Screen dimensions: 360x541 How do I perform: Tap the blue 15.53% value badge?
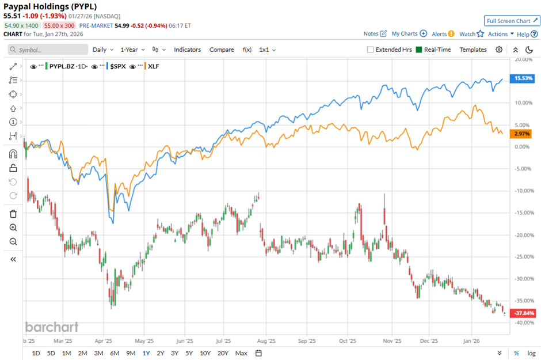pyautogui.click(x=523, y=78)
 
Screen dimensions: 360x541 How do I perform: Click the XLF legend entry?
pyautogui.click(x=154, y=67)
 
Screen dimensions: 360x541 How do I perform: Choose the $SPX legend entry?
pyautogui.click(x=118, y=67)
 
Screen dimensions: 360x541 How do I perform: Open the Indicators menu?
pyautogui.click(x=187, y=50)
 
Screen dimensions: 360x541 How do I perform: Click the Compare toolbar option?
pyautogui.click(x=222, y=50)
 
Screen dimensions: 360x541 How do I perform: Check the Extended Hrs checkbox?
pyautogui.click(x=371, y=50)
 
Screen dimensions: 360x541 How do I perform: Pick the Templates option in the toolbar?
pyautogui.click(x=473, y=50)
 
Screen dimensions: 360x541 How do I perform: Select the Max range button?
pyautogui.click(x=241, y=353)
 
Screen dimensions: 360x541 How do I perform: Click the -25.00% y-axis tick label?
pyautogui.click(x=522, y=257)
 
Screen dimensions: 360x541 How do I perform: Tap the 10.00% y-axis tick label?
pyautogui.click(x=523, y=103)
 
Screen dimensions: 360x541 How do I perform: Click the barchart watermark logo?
pyautogui.click(x=52, y=327)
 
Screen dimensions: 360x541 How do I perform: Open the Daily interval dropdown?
pyautogui.click(x=103, y=50)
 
